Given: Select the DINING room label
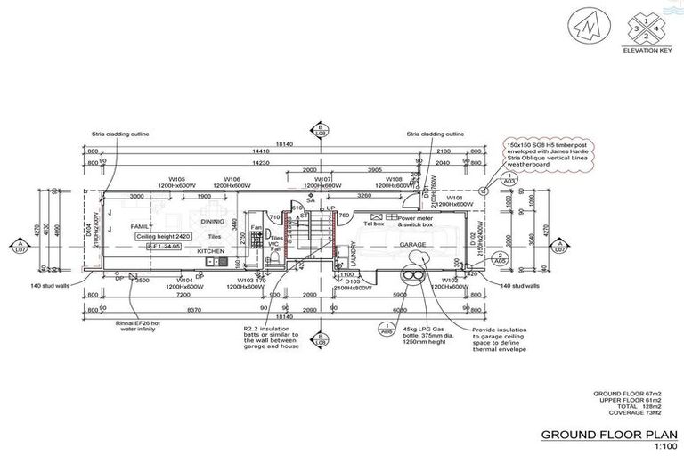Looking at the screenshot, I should click(x=212, y=221).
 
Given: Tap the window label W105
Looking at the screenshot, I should click(x=177, y=179).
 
